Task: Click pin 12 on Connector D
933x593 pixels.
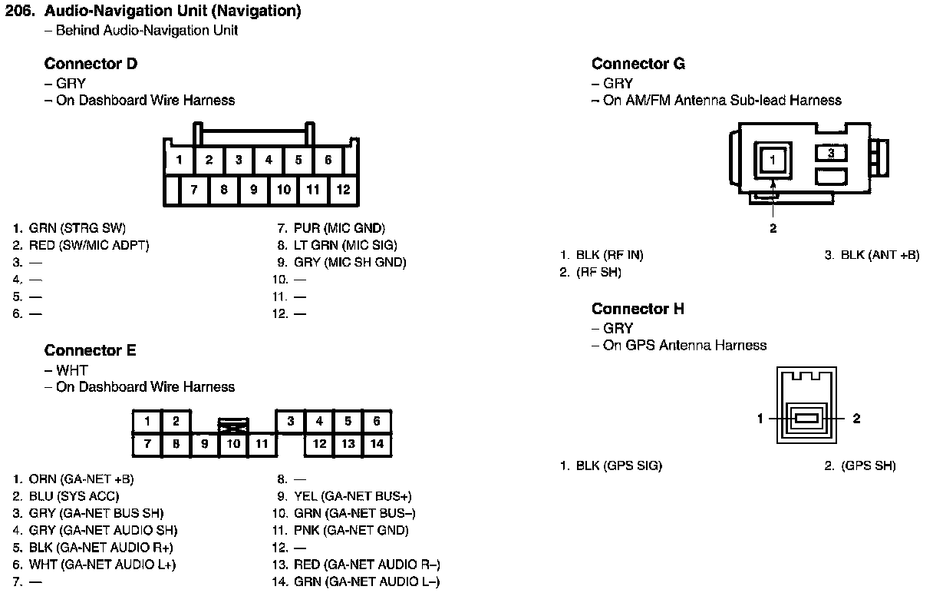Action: pyautogui.click(x=343, y=189)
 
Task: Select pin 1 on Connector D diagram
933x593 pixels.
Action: pyautogui.click(x=179, y=161)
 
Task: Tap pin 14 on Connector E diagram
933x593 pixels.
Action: pyautogui.click(x=377, y=443)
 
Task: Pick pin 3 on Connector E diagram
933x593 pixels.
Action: pyautogui.click(x=291, y=421)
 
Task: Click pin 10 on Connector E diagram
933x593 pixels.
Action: pyautogui.click(x=234, y=443)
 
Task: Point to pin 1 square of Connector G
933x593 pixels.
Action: pyautogui.click(x=773, y=161)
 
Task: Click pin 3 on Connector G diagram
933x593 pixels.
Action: pyautogui.click(x=831, y=153)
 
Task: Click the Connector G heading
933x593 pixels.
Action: pyautogui.click(x=638, y=64)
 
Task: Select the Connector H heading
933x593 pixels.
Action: pyautogui.click(x=638, y=309)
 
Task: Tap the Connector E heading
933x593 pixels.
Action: pyautogui.click(x=90, y=350)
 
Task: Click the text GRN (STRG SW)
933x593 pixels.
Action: pyautogui.click(x=77, y=228)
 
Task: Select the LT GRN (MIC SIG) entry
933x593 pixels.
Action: pyautogui.click(x=345, y=245)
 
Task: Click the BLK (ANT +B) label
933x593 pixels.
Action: pyautogui.click(x=879, y=255)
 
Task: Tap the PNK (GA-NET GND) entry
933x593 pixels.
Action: pyautogui.click(x=351, y=530)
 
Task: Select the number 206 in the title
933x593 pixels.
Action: pyautogui.click(x=18, y=12)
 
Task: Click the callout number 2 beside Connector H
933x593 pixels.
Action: pyautogui.click(x=857, y=419)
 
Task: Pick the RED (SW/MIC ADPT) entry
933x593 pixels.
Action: pyautogui.click(x=88, y=245)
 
